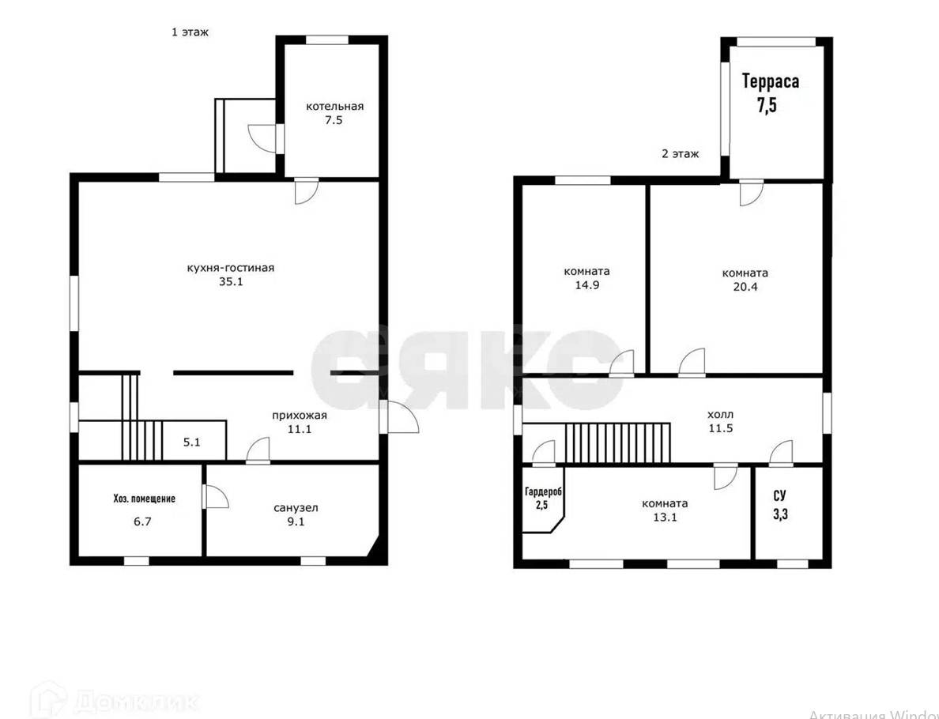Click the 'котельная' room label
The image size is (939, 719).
335,107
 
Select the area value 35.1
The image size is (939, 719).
231,282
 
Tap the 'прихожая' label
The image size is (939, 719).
300,416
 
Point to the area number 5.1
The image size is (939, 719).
191,442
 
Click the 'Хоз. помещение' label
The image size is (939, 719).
145,499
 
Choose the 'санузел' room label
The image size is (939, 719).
296,508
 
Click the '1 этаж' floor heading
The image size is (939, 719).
190,32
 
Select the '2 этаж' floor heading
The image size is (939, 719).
680,154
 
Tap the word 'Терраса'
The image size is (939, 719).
771,81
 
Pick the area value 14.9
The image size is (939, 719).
586,285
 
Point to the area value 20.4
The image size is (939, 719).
745,287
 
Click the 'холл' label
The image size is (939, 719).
720,414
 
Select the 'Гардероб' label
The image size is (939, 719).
543,492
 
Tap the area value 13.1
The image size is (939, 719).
665,518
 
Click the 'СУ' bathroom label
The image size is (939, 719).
779,495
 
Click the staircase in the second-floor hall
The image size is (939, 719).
617,442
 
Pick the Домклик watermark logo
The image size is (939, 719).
115,700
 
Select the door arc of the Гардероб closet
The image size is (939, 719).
544,452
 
